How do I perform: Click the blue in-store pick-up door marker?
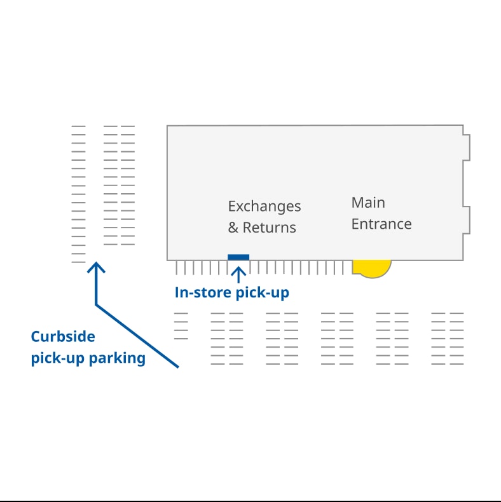pyautogui.click(x=238, y=257)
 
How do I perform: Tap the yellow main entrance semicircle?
pyautogui.click(x=371, y=268)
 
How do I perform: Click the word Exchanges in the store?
pyautogui.click(x=264, y=207)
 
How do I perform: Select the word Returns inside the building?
pyautogui.click(x=270, y=227)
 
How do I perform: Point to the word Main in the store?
pyautogui.click(x=368, y=203)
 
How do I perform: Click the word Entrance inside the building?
pyautogui.click(x=381, y=224)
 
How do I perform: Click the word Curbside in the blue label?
pyautogui.click(x=63, y=337)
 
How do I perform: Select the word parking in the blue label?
pyautogui.click(x=117, y=358)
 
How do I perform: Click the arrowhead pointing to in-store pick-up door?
pyautogui.click(x=238, y=271)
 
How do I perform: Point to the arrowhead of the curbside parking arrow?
pyautogui.click(x=96, y=266)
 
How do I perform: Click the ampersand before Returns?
pyautogui.click(x=233, y=227)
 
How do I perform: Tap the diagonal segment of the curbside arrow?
pyautogui.click(x=137, y=336)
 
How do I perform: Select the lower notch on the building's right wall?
pyautogui.click(x=467, y=220)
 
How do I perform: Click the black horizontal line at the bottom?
pyautogui.click(x=251, y=501)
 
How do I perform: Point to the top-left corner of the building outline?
pyautogui.click(x=167, y=126)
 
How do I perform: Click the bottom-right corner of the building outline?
pyautogui.click(x=463, y=259)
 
